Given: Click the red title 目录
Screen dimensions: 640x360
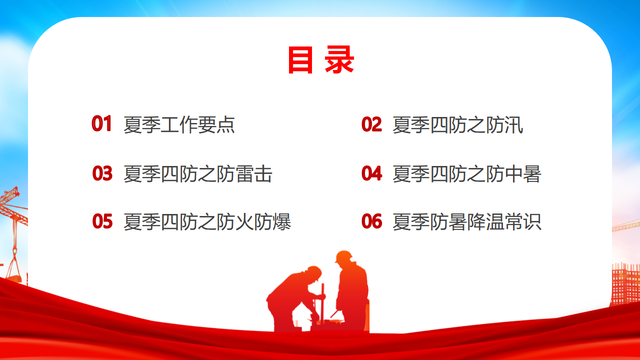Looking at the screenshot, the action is tap(321, 59).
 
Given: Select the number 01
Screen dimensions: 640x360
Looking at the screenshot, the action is tap(101, 123).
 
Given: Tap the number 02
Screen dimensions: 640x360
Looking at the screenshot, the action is tap(371, 124).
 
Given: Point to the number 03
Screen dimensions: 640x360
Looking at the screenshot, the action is tap(102, 173).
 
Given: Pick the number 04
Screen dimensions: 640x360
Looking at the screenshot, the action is tap(371, 173).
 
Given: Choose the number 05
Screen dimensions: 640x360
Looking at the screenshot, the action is tap(102, 221).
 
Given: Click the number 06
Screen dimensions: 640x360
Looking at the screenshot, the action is tap(371, 221).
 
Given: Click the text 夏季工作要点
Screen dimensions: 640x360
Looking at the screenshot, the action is tap(179, 125).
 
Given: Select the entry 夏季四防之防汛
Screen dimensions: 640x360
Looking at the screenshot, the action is tap(457, 125).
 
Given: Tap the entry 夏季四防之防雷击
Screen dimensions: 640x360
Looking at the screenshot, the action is tap(197, 173).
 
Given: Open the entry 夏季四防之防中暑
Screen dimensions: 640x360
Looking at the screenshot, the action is tap(467, 173).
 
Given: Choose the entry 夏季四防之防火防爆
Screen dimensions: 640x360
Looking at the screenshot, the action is tap(207, 221).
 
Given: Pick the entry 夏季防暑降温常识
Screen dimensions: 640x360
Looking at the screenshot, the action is tap(467, 221).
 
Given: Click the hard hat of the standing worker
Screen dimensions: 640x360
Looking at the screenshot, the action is tap(343, 256).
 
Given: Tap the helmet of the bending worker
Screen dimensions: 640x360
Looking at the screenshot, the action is tap(314, 272).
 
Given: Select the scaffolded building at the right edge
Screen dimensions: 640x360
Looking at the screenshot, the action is tap(625, 284).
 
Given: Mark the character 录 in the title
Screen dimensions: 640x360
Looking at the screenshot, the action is tap(339, 59).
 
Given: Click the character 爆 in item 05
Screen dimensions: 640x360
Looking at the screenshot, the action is tap(281, 221).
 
